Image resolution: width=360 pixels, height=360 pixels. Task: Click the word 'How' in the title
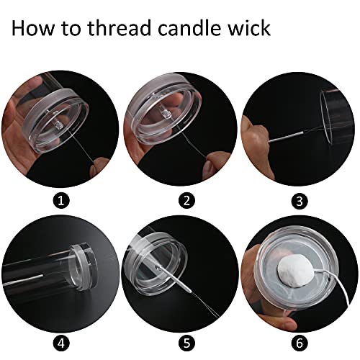coord(33,28)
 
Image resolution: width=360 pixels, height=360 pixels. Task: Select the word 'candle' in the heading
coord(189,27)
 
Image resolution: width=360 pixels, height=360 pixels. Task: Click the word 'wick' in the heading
coord(249,27)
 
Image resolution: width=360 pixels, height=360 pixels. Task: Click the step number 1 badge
coord(61,200)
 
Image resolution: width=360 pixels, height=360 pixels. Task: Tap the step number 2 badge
coord(187,200)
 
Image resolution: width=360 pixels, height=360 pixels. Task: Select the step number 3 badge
coord(300,201)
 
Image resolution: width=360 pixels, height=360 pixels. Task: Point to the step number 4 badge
coord(61,343)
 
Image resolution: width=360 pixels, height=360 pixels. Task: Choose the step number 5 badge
coord(187,343)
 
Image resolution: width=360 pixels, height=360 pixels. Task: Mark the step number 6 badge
coord(300,343)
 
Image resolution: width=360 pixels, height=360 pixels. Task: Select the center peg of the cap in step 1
coord(58,124)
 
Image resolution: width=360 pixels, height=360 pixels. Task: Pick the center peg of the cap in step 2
coord(166,114)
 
